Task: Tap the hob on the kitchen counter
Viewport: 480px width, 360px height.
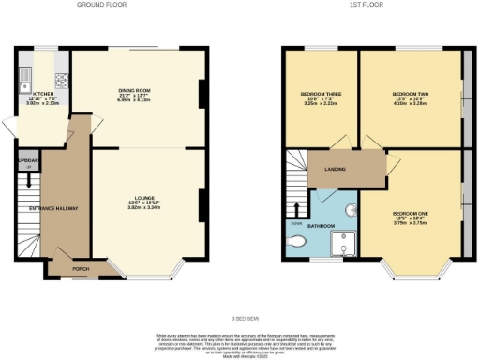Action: click(61, 81)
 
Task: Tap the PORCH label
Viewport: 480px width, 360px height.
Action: click(82, 266)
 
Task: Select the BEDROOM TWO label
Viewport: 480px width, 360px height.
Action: click(411, 95)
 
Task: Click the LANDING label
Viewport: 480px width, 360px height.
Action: click(335, 170)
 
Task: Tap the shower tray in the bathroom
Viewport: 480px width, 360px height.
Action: click(344, 242)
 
